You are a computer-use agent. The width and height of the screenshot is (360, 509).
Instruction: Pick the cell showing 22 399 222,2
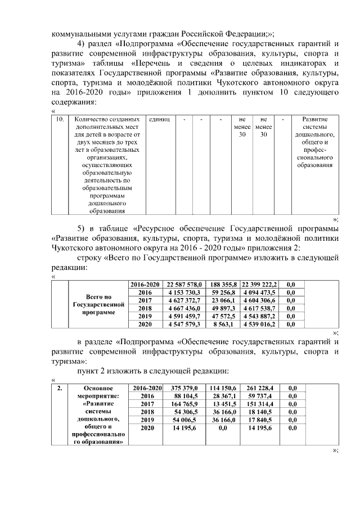click(259, 285)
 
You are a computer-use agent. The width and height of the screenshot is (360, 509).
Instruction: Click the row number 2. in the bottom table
click(59, 388)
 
